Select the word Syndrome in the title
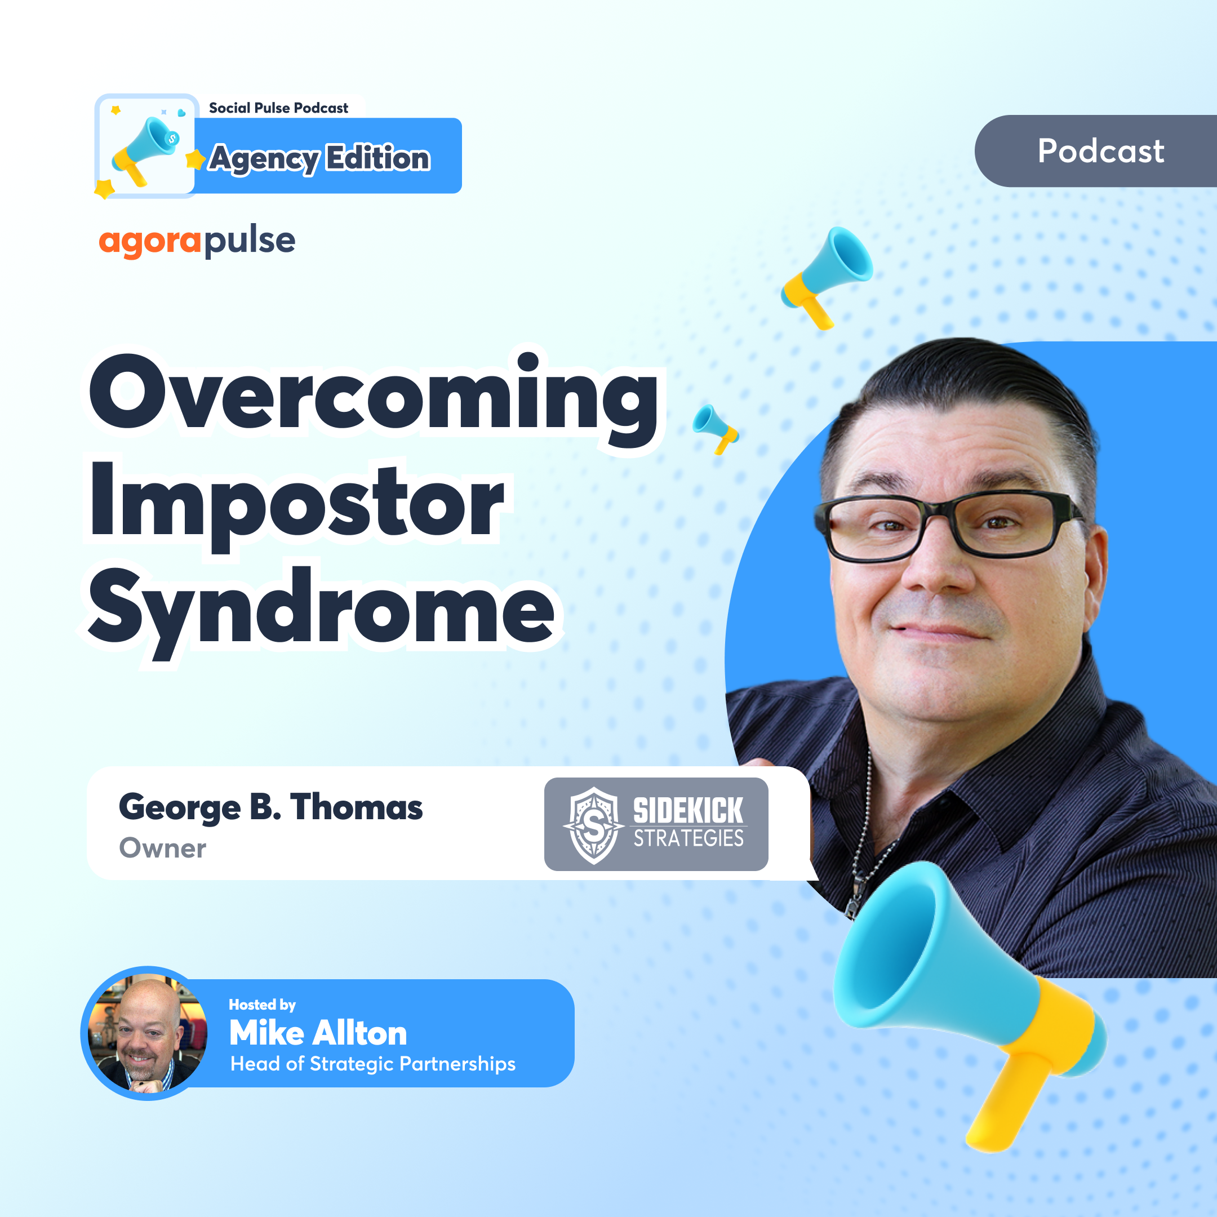click(321, 608)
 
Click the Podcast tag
click(1100, 151)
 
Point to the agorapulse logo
click(197, 241)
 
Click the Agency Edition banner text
click(320, 158)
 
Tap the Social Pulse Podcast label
click(278, 108)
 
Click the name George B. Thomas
click(271, 807)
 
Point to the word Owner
click(162, 849)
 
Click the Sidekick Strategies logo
click(656, 824)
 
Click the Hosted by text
click(262, 1004)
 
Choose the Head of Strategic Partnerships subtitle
click(373, 1064)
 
